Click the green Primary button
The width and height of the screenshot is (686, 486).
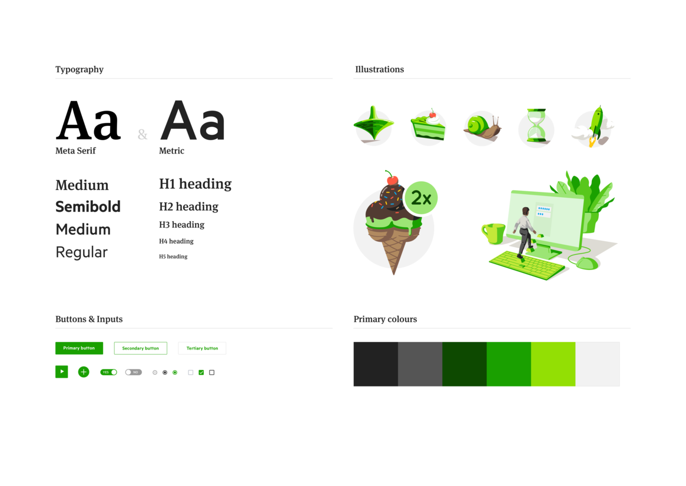pos(79,348)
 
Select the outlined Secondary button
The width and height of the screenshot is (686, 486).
pos(140,348)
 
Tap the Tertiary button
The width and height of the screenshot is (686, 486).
pos(202,348)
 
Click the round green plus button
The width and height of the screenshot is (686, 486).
pos(84,372)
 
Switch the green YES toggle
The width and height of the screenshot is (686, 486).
pos(108,372)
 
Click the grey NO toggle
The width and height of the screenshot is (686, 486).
pos(134,372)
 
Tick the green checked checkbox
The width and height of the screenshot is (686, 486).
pos(201,372)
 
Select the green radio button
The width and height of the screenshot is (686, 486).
pos(175,372)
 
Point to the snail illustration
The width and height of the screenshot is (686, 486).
pos(483,127)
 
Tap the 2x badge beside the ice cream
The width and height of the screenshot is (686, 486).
pos(421,198)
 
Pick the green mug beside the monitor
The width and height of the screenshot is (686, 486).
pos(493,233)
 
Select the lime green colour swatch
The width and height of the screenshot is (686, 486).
pos(553,364)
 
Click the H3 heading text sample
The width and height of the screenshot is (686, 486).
pos(181,225)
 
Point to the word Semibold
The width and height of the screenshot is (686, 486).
pos(88,207)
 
